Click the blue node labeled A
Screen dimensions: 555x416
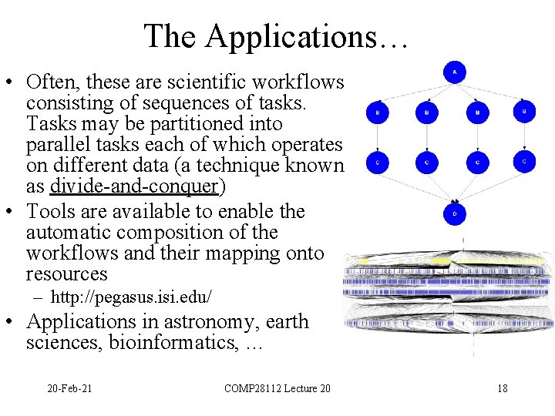(455, 72)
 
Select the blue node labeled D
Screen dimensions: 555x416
(455, 213)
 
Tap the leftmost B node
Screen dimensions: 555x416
(377, 112)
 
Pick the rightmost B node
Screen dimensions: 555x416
(524, 112)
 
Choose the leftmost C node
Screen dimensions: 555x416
(377, 163)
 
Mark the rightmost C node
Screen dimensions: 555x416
(524, 162)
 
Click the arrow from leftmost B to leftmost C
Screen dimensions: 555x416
(377, 138)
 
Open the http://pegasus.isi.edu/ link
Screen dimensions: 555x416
(131, 297)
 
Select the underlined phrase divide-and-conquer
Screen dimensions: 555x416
(135, 186)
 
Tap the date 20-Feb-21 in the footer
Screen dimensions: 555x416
(69, 388)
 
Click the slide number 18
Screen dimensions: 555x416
(503, 388)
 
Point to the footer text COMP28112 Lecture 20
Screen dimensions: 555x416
(277, 388)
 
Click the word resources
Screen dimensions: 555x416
(66, 274)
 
